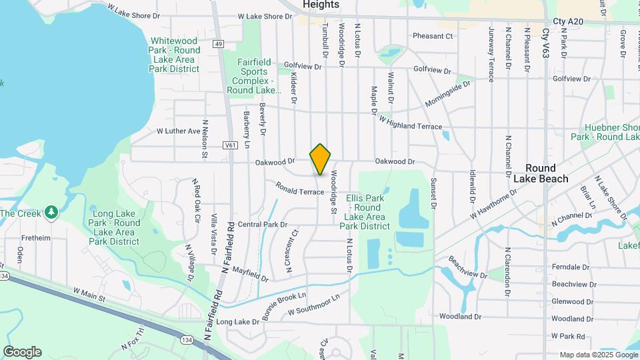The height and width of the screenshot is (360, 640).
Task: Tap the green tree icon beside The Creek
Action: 51,213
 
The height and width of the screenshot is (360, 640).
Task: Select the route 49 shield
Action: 218,44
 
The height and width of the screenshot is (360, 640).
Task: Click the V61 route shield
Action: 231,145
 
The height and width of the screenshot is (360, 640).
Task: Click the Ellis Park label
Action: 365,212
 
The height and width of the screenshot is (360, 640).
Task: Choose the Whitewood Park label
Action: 175,55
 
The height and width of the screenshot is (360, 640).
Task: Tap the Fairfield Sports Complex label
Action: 255,76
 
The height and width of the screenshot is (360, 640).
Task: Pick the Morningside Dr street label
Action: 447,95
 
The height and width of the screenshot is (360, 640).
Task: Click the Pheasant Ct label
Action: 433,36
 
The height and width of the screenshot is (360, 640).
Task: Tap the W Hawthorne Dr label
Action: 494,206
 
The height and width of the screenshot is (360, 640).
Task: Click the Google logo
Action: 22,352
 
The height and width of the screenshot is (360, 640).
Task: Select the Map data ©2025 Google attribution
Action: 597,355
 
